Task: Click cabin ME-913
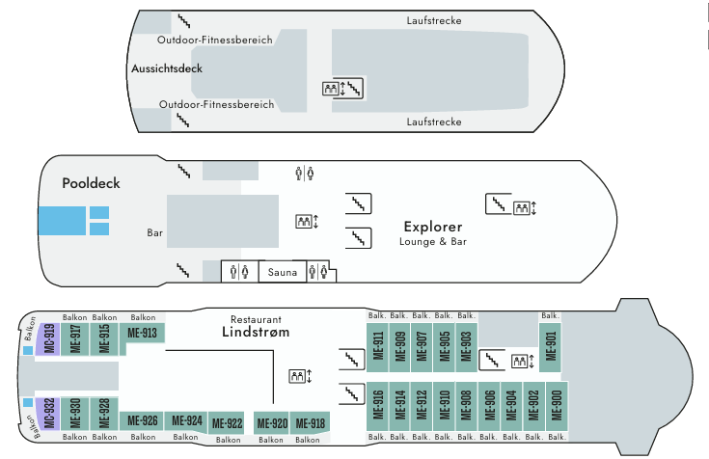(x=143, y=334)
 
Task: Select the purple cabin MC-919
(x=50, y=338)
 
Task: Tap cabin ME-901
(x=551, y=342)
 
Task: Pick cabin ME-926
(x=143, y=420)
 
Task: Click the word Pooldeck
(x=90, y=183)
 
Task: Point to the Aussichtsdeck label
(x=167, y=70)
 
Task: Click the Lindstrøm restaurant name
(x=257, y=334)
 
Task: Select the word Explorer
(x=433, y=227)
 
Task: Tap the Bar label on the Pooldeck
(x=155, y=233)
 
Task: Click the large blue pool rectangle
(x=61, y=221)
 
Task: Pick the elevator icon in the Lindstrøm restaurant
(x=299, y=375)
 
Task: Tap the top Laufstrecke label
(x=434, y=20)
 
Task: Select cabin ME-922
(x=227, y=422)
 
